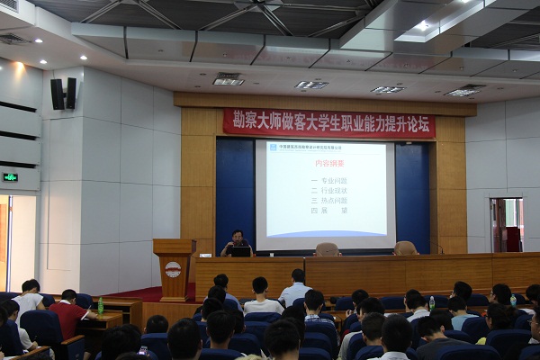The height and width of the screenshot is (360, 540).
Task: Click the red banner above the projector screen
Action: [328, 122]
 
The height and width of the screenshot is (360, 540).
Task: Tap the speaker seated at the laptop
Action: [238, 240]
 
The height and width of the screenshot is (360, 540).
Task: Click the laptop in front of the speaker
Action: [240, 252]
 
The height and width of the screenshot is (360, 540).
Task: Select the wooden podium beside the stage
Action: [174, 269]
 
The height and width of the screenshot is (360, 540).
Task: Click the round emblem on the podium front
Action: [173, 269]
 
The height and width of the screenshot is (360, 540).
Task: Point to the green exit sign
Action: [10, 177]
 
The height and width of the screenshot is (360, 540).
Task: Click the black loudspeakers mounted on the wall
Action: [63, 94]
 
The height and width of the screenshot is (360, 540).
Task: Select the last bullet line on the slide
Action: [325, 210]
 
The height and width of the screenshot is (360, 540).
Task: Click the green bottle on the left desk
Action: [101, 306]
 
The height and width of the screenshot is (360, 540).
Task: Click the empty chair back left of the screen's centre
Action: [327, 249]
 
